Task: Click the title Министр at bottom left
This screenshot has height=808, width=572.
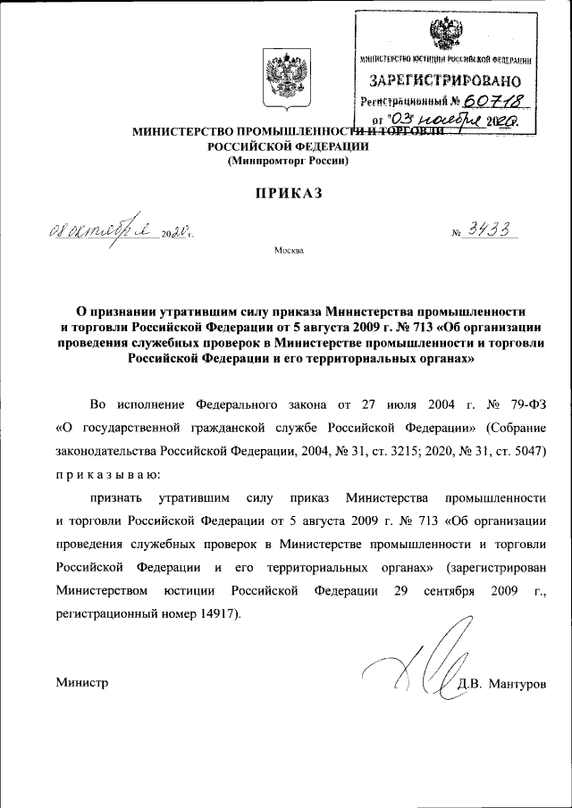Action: [x=81, y=683]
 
